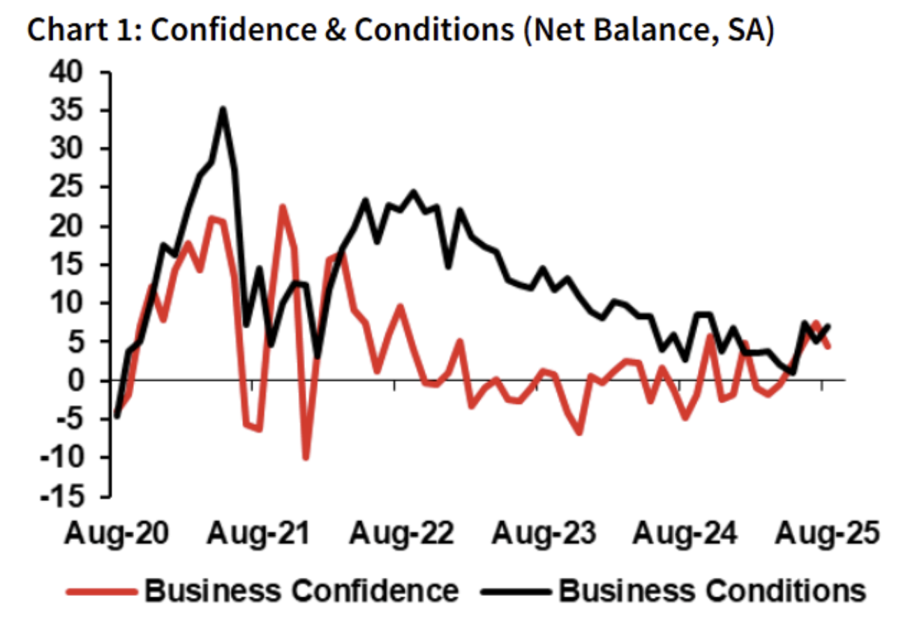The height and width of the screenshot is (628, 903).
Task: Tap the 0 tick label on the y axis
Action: (x=92, y=381)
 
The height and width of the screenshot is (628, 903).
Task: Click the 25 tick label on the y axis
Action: (x=83, y=188)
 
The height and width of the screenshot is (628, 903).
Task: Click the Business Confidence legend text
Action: (x=301, y=590)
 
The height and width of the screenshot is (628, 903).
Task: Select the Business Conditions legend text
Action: (x=712, y=590)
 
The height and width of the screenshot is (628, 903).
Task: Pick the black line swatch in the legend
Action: (x=515, y=591)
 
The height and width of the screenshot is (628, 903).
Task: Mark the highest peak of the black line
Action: (x=223, y=109)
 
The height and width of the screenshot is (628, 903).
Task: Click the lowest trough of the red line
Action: (x=306, y=458)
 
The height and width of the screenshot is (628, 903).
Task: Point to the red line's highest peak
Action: (x=282, y=207)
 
